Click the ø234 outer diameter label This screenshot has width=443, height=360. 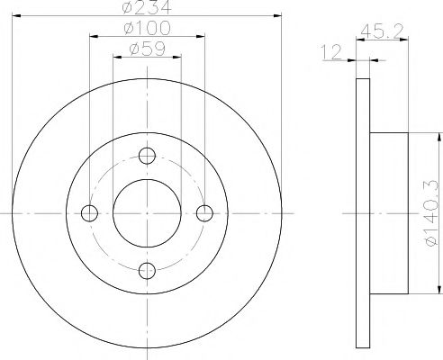point(146,10)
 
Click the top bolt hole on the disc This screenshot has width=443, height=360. point(147,155)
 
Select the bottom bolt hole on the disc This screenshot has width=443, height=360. point(147,269)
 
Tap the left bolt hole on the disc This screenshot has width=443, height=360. point(89,212)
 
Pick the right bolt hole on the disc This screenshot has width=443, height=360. point(204,212)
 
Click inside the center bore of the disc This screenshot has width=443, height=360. point(147,212)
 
